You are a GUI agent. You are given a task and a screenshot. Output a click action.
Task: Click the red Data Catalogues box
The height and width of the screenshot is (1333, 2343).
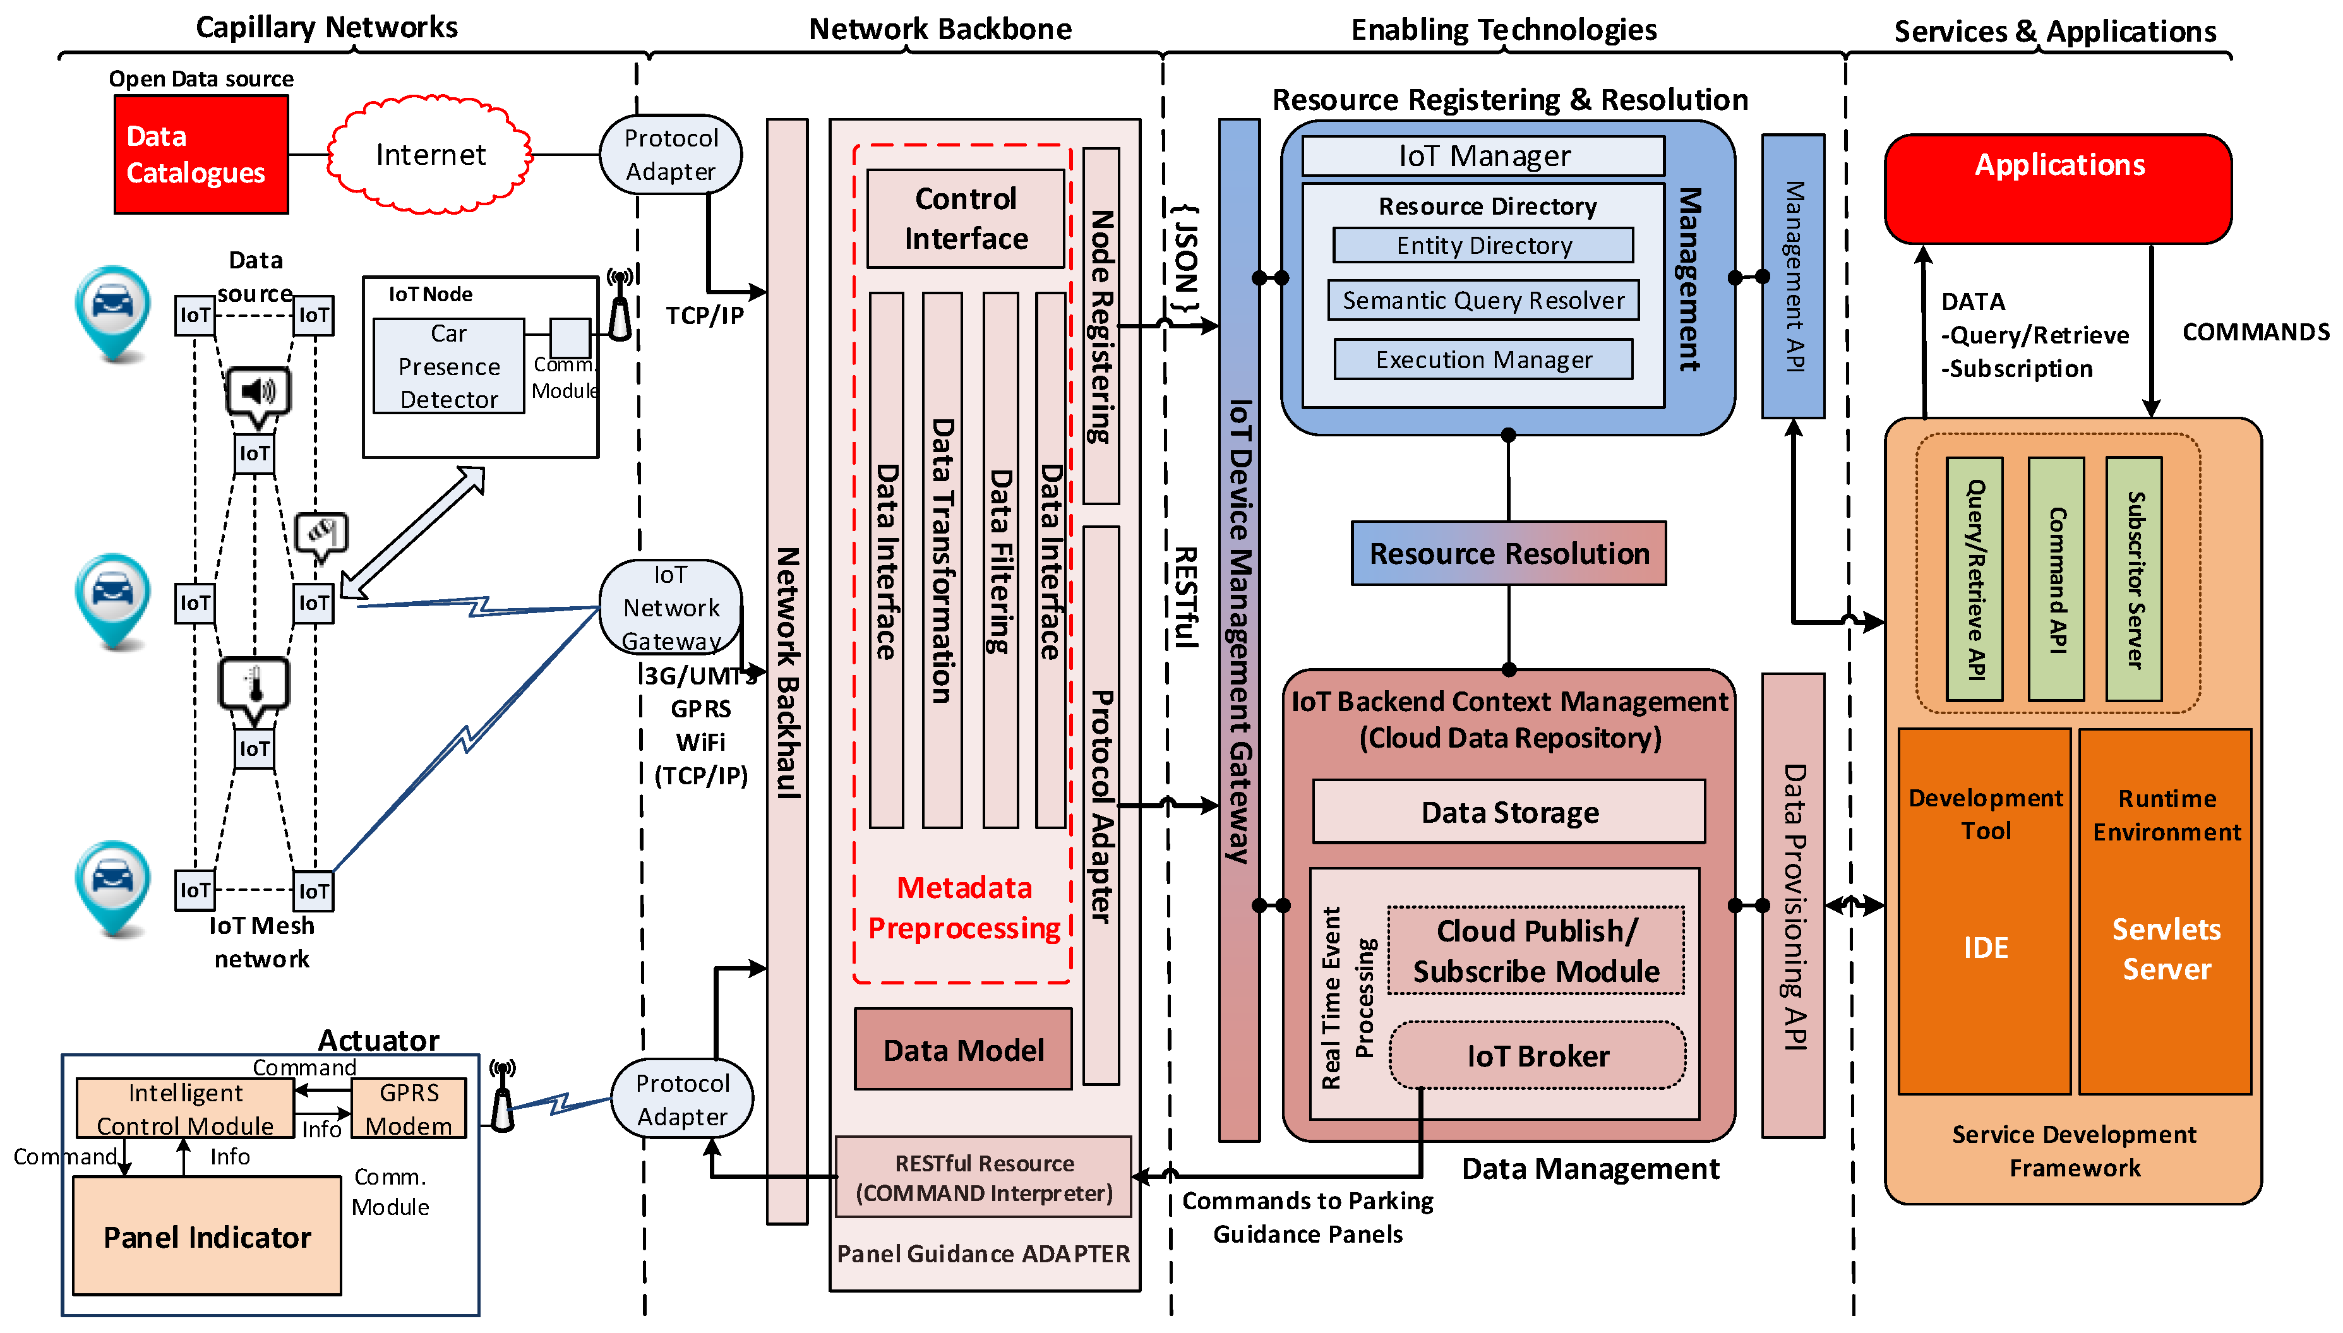click(201, 155)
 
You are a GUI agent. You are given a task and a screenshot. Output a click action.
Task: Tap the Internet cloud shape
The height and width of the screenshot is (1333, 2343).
click(430, 155)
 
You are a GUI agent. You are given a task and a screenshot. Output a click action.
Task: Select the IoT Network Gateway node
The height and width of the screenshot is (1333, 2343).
click(671, 607)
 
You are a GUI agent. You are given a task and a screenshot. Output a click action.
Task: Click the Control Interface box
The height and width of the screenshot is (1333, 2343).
click(966, 219)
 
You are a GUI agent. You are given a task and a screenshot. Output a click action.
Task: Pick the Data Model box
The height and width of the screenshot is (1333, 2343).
click(963, 1049)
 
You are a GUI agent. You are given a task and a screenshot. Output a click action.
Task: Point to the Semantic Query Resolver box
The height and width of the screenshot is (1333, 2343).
click(1483, 301)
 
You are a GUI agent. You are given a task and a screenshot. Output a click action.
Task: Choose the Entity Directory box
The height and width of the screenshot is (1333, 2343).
click(1483, 246)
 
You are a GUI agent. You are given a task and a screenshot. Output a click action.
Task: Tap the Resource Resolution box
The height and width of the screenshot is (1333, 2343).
click(1509, 553)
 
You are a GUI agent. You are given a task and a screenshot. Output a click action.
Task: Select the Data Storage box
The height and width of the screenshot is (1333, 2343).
click(1509, 812)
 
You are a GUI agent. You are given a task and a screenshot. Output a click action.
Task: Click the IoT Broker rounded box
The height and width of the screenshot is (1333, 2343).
click(1537, 1056)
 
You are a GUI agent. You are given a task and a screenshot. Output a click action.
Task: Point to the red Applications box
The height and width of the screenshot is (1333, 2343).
click(2058, 189)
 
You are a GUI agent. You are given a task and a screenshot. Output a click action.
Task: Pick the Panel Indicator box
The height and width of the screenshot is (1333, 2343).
click(207, 1235)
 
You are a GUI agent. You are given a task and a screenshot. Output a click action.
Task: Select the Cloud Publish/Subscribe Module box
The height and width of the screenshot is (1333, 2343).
click(1535, 950)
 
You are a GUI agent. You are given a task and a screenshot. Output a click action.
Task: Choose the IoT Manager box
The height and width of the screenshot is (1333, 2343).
click(1483, 155)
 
